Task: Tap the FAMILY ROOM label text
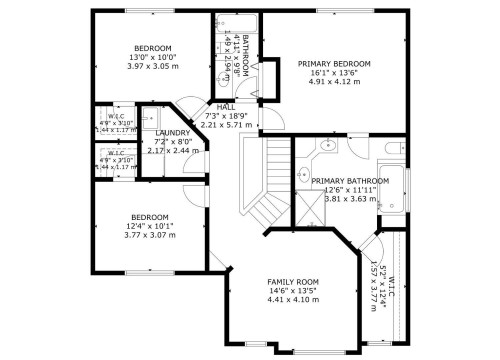pos(292,283)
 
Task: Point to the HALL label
pos(225,107)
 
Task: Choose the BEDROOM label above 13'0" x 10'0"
pos(153,48)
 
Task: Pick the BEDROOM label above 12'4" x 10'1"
pos(150,217)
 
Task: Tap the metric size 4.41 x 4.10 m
pos(292,301)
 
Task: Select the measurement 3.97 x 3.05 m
pos(153,66)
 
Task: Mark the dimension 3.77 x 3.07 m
pos(150,235)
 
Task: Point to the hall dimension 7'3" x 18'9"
pos(225,116)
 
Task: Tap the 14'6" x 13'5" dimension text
pos(292,292)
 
